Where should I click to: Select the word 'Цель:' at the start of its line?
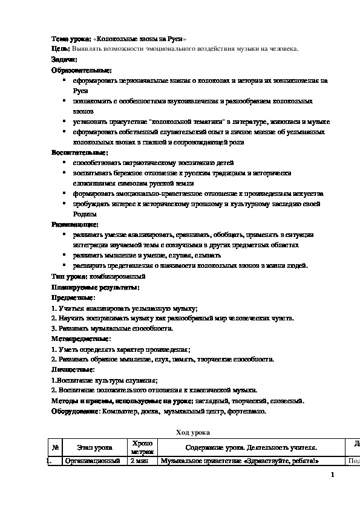(x=61, y=49)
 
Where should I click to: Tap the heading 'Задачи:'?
(x=64, y=59)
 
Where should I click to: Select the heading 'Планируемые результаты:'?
(x=96, y=287)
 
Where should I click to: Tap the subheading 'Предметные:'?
(x=73, y=297)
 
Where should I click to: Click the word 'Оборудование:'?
(x=75, y=411)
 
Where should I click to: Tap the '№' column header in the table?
(x=55, y=448)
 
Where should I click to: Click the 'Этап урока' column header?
(x=94, y=448)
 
